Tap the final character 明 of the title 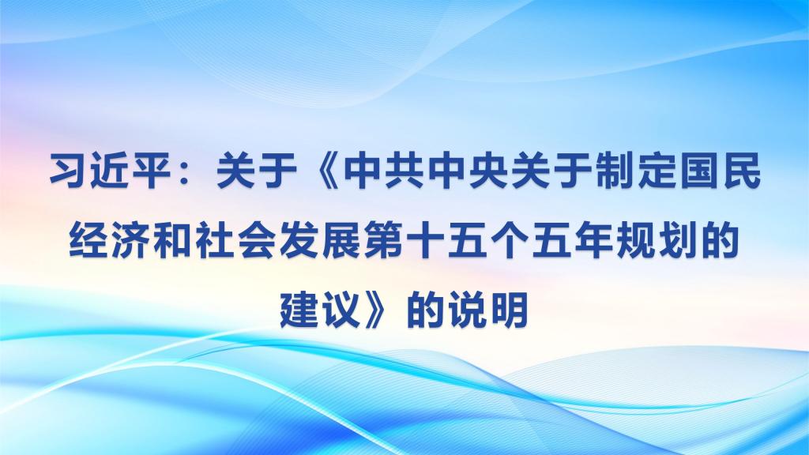(x=510, y=310)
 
